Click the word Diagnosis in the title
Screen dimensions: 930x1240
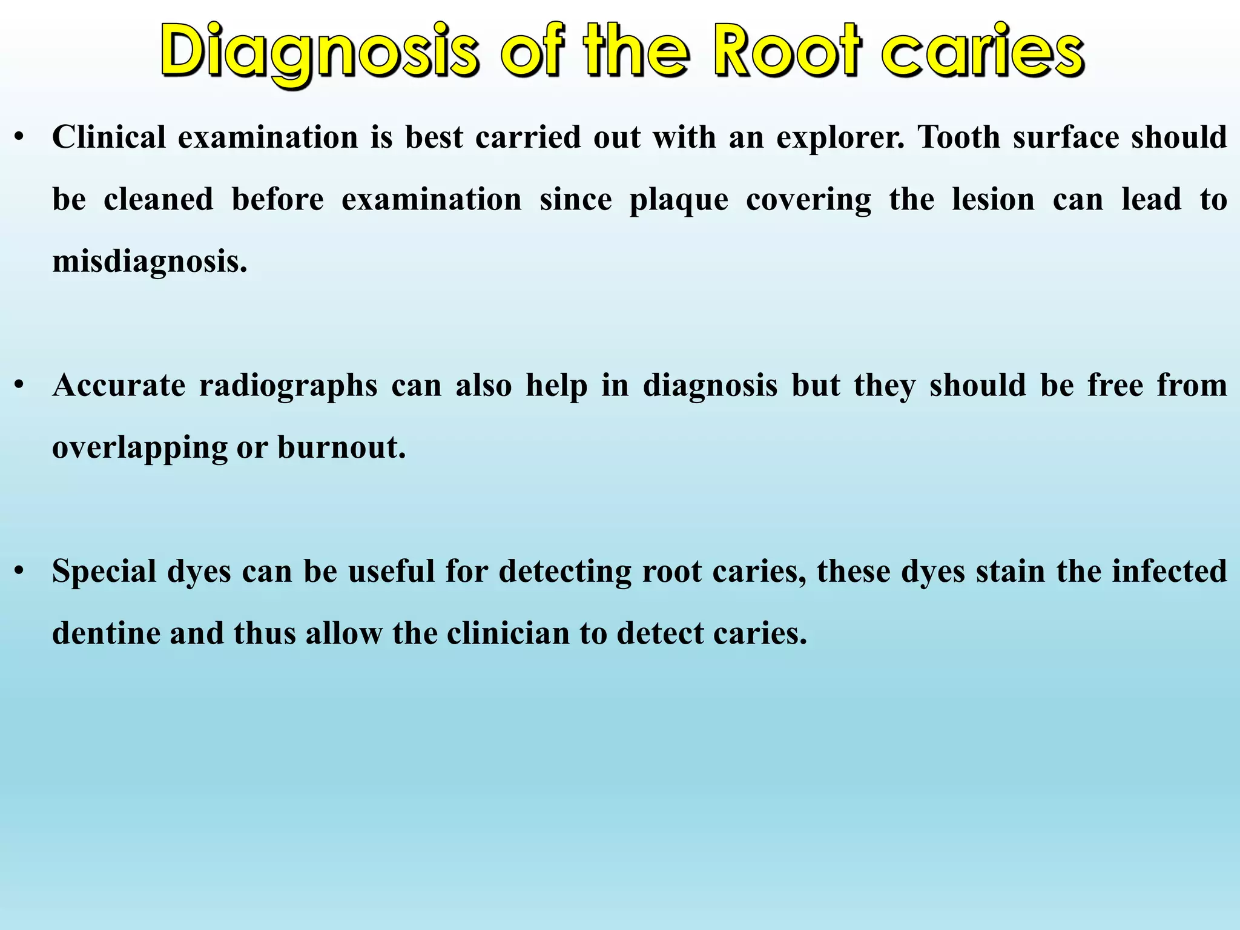(320, 52)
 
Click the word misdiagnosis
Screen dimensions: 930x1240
(150, 263)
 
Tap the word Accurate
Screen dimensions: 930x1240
(119, 386)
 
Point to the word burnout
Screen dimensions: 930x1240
(341, 448)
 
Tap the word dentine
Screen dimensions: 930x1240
(106, 634)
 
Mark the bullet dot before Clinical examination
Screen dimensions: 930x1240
(20, 138)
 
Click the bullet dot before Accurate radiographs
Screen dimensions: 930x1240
(20, 386)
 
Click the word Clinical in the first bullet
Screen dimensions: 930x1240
(109, 137)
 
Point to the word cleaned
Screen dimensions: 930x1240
(158, 200)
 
